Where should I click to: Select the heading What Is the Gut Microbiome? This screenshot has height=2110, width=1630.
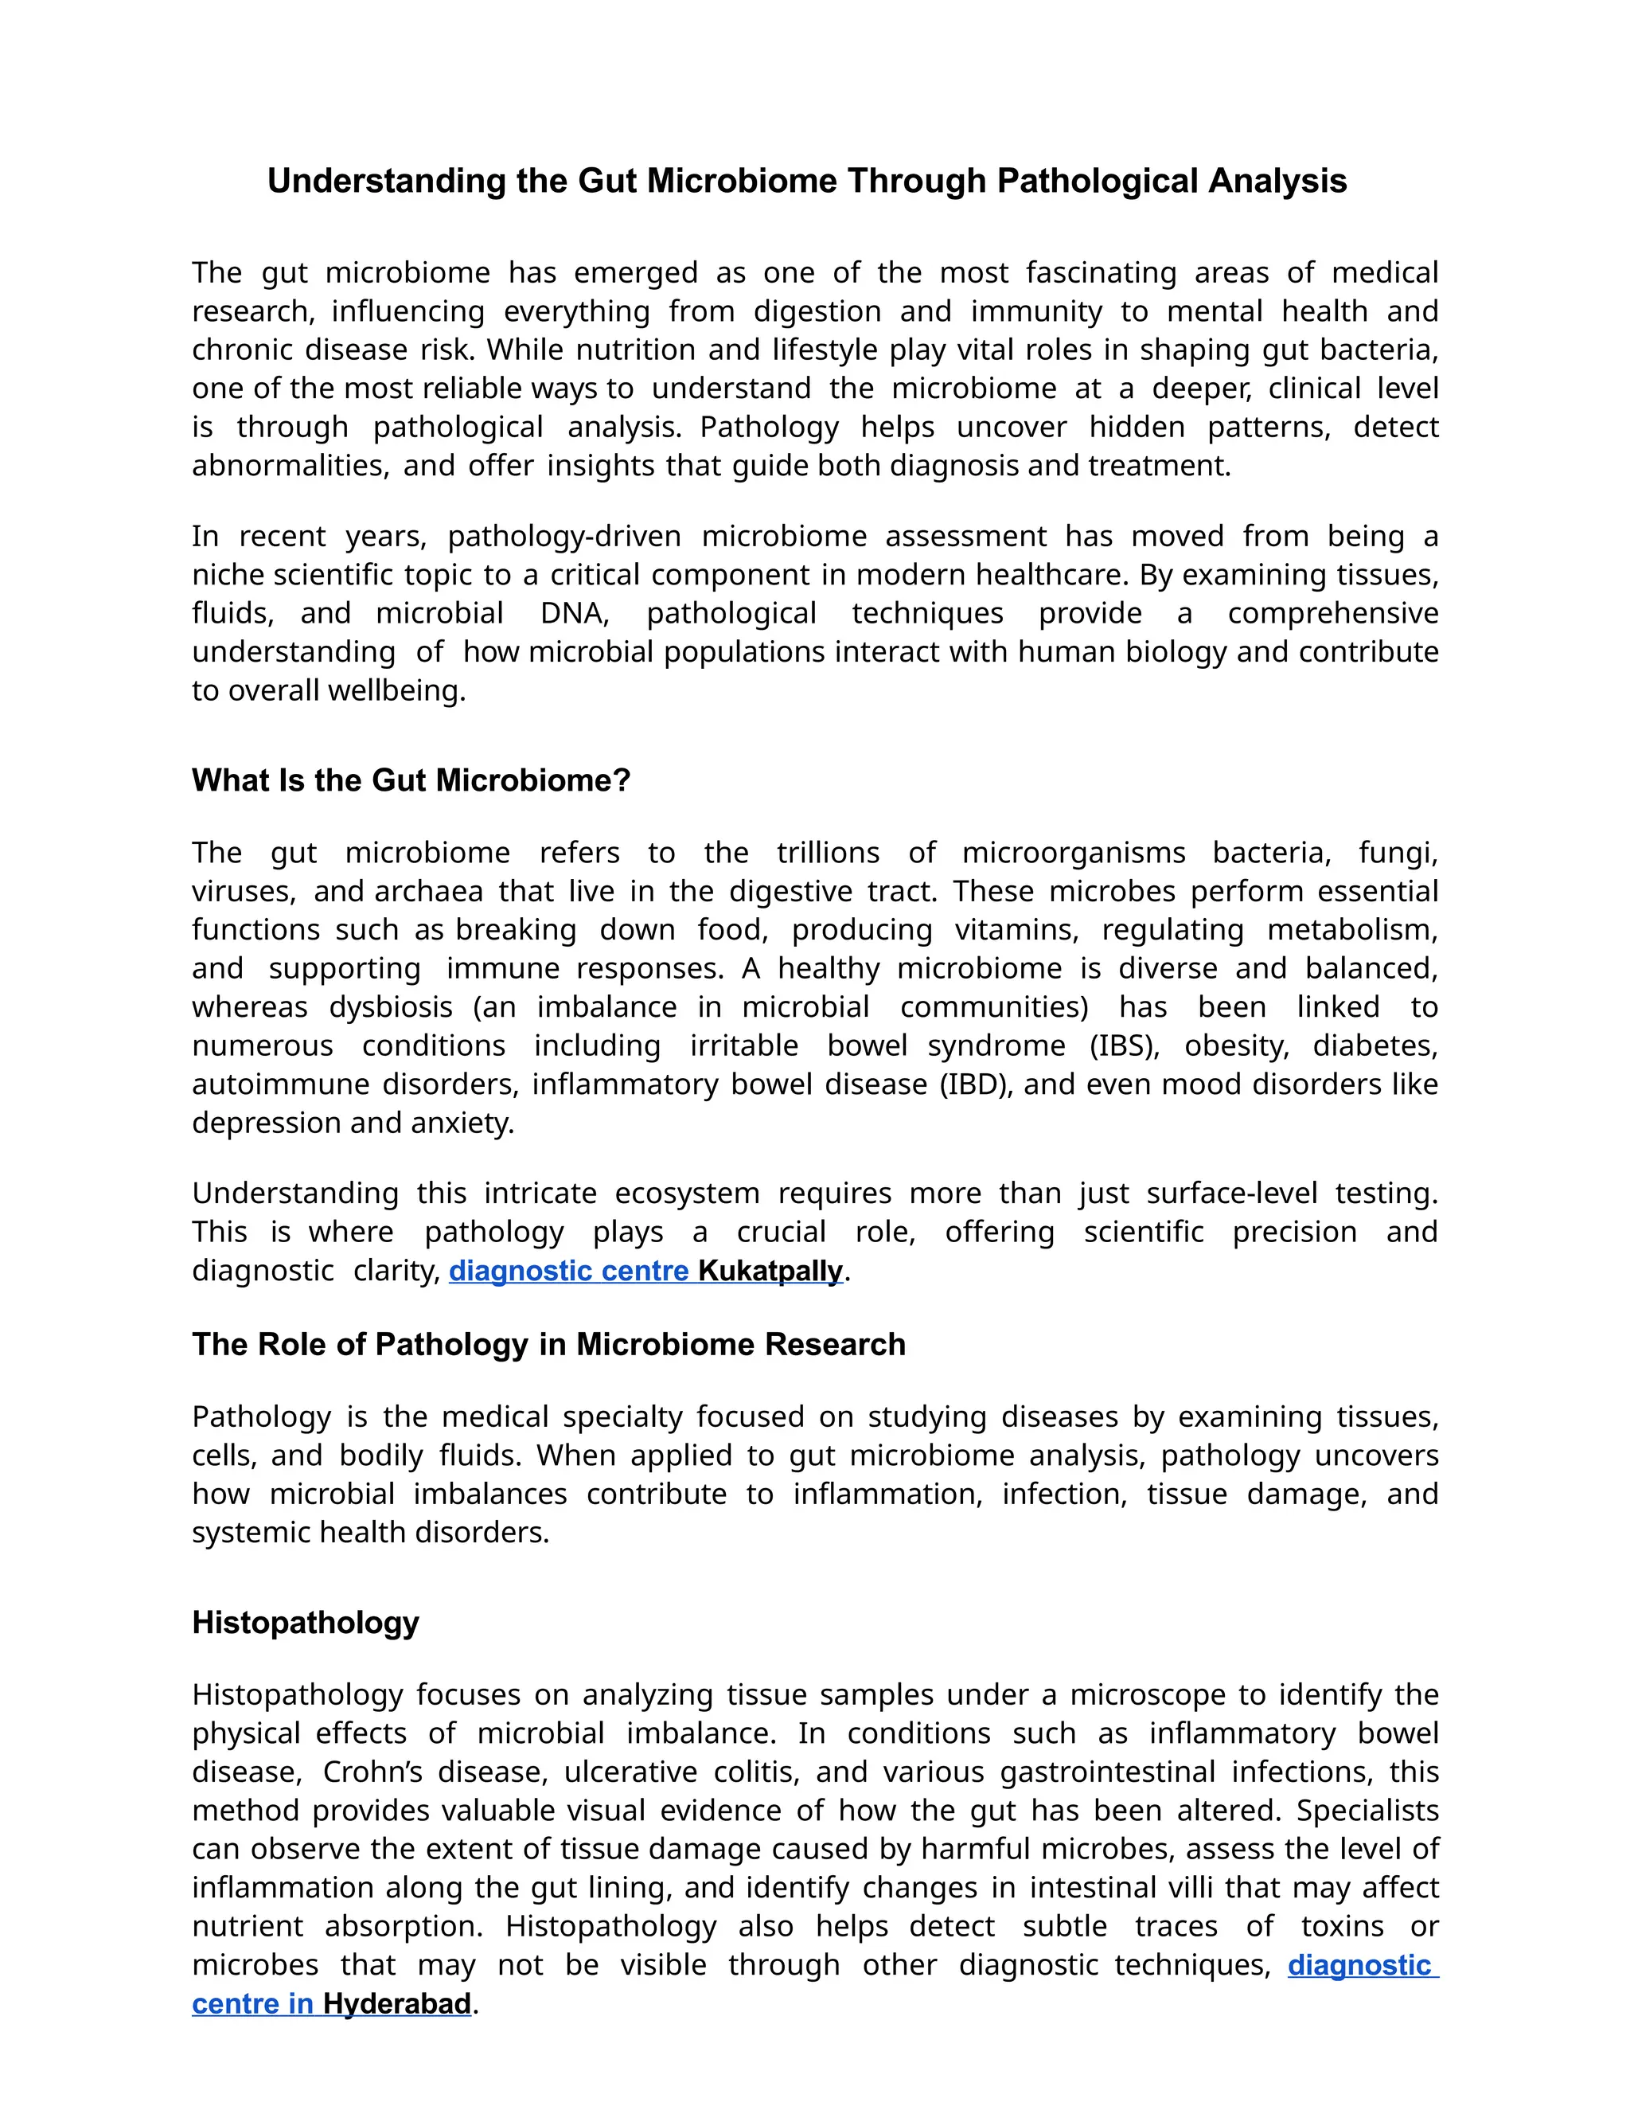point(411,780)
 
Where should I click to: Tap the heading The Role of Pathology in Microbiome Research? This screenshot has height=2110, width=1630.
point(548,1344)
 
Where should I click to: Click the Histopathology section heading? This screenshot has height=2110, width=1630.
point(305,1622)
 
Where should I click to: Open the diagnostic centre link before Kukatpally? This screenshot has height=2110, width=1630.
point(569,1271)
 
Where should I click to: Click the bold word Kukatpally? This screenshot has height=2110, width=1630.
point(770,1271)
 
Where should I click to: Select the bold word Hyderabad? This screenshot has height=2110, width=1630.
point(397,2004)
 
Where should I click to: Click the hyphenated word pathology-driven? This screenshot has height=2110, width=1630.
point(564,536)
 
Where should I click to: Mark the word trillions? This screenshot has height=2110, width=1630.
point(828,852)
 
